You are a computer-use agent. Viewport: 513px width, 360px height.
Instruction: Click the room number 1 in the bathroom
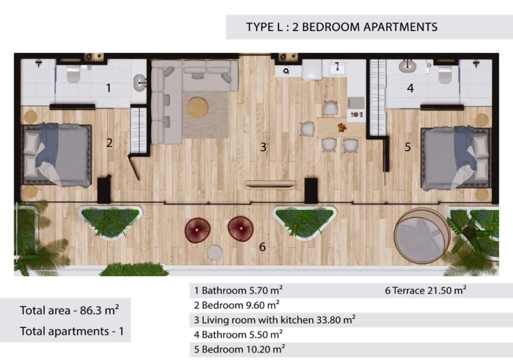pos(109,88)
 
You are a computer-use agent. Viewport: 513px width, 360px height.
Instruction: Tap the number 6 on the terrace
pos(262,247)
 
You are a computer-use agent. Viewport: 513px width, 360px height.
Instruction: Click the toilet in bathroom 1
pos(73,74)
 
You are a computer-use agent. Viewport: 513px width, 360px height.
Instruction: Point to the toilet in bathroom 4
pos(445,74)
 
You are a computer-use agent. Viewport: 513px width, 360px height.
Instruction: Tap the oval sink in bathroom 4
pos(407,67)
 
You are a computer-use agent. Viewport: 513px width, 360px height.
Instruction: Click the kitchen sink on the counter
pos(337,68)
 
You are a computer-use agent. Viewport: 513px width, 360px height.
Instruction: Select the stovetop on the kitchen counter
pos(356,103)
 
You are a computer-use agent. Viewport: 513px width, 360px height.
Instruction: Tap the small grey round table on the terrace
pos(214,252)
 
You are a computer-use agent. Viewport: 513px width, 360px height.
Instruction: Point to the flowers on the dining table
pos(342,127)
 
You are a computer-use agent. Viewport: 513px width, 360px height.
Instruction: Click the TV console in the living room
pos(270,185)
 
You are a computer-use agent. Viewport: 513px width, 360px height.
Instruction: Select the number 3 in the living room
pos(263,147)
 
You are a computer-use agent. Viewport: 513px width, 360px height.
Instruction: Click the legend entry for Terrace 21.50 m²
pos(425,290)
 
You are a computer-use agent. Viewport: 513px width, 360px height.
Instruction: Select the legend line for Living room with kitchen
pos(275,319)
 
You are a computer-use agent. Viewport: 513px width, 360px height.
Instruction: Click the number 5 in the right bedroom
pos(407,147)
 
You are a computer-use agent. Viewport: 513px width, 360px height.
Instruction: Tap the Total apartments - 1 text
pos(72,331)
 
